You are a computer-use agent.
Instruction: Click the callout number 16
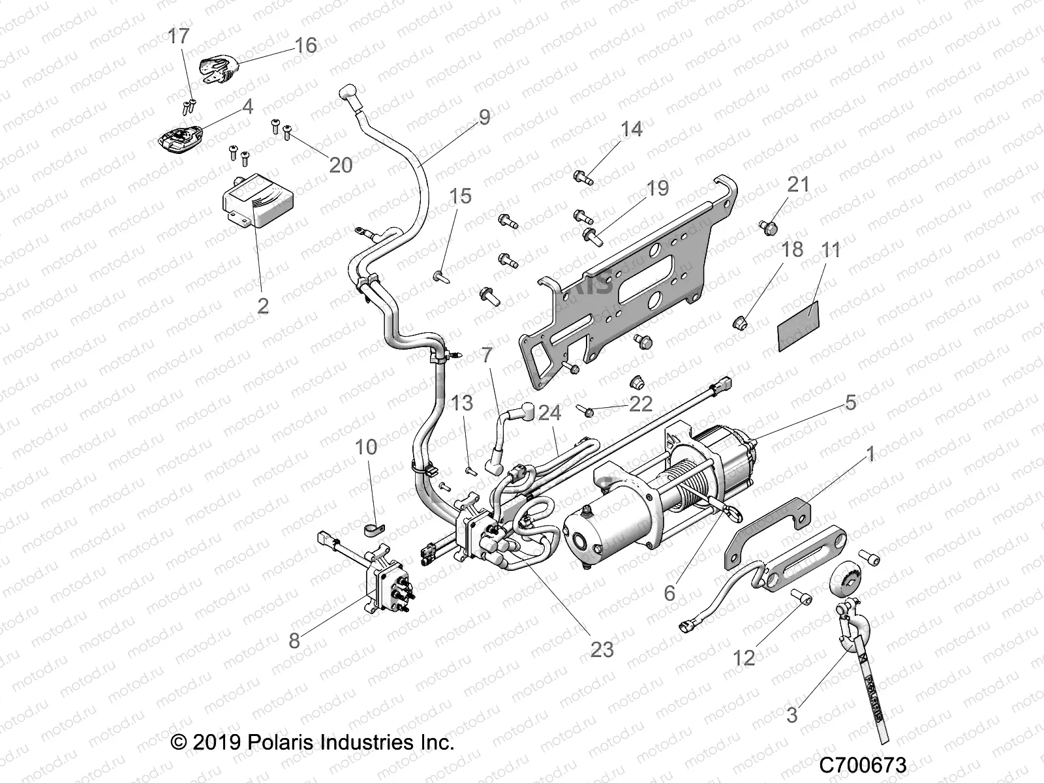point(305,45)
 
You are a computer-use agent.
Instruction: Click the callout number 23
point(602,649)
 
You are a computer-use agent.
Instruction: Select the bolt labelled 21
point(769,227)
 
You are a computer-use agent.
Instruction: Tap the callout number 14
point(631,129)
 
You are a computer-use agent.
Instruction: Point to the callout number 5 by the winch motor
point(850,402)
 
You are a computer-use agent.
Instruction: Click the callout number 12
point(743,657)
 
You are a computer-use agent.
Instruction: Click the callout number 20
point(341,164)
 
